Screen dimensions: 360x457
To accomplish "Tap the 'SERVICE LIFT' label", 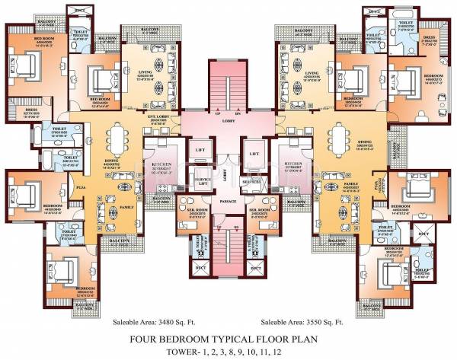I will (x=200, y=181).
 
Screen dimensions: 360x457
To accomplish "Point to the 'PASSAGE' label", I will (x=227, y=201).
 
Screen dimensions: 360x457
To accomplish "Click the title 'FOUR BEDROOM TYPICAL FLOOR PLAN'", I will (x=228, y=339).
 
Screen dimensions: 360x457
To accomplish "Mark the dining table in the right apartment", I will (x=337, y=139).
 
